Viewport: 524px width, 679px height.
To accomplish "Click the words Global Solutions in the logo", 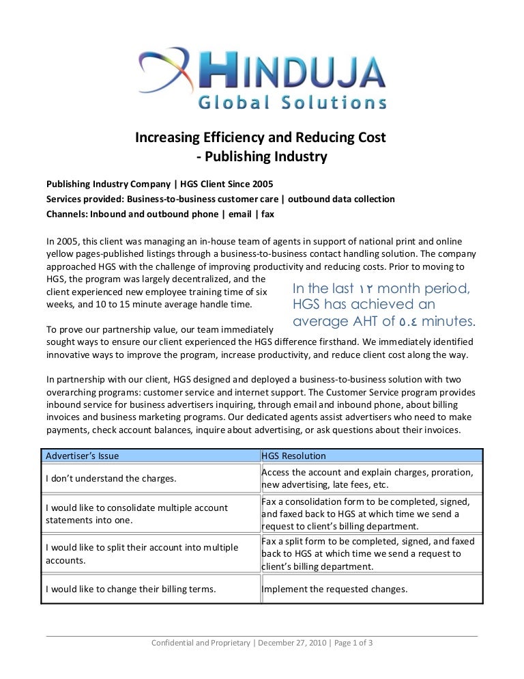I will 292,102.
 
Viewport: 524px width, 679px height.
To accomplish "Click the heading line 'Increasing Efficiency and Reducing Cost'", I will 261,137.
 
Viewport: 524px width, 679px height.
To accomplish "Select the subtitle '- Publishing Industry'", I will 261,157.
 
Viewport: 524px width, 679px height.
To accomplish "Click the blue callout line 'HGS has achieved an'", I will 363,305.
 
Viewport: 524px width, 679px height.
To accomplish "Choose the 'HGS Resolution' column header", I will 293,456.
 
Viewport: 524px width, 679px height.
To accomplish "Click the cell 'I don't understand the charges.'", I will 111,478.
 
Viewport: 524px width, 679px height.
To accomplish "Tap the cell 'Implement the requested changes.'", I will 334,590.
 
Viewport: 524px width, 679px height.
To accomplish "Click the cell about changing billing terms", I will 130,590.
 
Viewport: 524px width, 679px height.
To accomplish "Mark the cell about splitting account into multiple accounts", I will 141,554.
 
